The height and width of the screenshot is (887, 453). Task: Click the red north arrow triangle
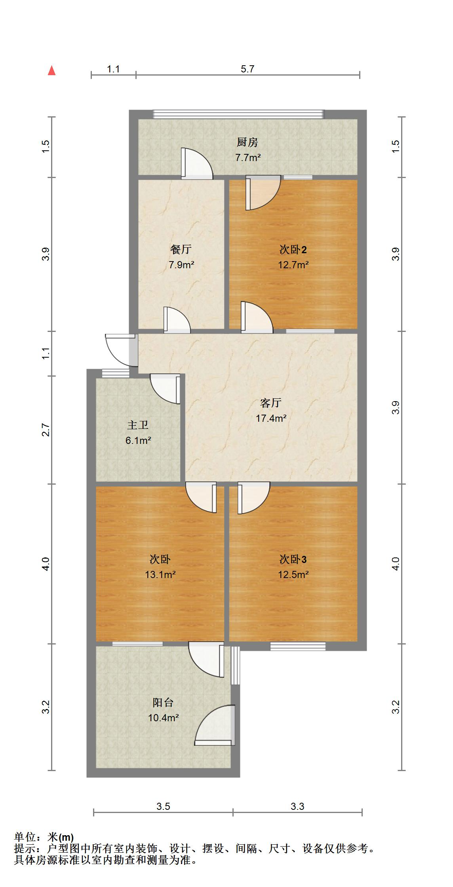click(x=51, y=71)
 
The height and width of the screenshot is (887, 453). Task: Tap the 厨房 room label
click(x=247, y=142)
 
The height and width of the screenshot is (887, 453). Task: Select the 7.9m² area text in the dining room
click(x=181, y=265)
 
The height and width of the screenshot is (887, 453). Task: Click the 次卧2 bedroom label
click(x=293, y=250)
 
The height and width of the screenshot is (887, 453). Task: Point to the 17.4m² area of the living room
click(x=271, y=418)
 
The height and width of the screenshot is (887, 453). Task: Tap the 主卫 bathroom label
click(x=138, y=425)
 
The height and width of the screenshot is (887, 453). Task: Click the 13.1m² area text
click(x=160, y=574)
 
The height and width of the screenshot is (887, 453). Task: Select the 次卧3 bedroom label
click(x=293, y=559)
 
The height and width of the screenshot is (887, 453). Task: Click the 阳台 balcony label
click(x=163, y=703)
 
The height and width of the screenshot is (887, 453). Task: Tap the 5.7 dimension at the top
click(x=247, y=69)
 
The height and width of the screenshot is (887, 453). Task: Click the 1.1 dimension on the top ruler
click(x=113, y=69)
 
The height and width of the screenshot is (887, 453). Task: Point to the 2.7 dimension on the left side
click(x=46, y=430)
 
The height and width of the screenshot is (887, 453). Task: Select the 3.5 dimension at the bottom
click(x=163, y=806)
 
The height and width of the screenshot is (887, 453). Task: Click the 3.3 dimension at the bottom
click(x=297, y=806)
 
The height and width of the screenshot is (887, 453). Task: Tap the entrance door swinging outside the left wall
click(x=119, y=349)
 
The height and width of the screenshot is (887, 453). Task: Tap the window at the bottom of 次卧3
click(x=298, y=646)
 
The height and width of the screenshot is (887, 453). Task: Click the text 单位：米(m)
click(x=44, y=837)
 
